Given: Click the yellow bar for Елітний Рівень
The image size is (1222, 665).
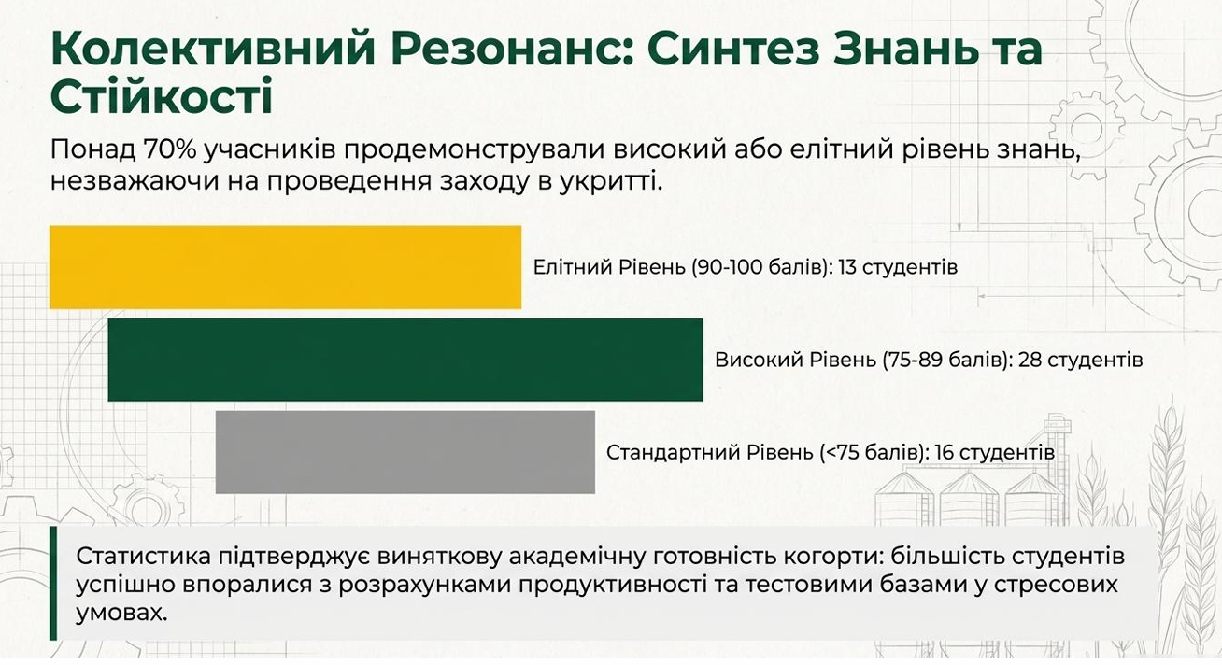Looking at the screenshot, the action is pyautogui.click(x=285, y=267).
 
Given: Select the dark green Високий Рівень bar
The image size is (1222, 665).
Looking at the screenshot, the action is pyautogui.click(x=405, y=360).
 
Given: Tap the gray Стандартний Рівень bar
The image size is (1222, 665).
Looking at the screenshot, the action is pyautogui.click(x=405, y=452).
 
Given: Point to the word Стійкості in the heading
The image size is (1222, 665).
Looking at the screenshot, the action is pyautogui.click(x=162, y=95).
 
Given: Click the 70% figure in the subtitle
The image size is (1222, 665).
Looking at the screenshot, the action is pyautogui.click(x=169, y=149).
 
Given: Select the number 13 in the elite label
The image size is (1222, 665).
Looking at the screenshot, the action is pyautogui.click(x=848, y=267).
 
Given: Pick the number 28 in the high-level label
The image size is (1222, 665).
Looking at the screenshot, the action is pyautogui.click(x=1029, y=360).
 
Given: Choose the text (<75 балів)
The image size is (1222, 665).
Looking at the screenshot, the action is pyautogui.click(x=874, y=453).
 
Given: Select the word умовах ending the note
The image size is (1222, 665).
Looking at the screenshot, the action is pyautogui.click(x=121, y=614).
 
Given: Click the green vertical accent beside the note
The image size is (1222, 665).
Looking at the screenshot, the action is pyautogui.click(x=53, y=583).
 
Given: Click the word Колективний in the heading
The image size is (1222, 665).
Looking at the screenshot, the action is pyautogui.click(x=213, y=49).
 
